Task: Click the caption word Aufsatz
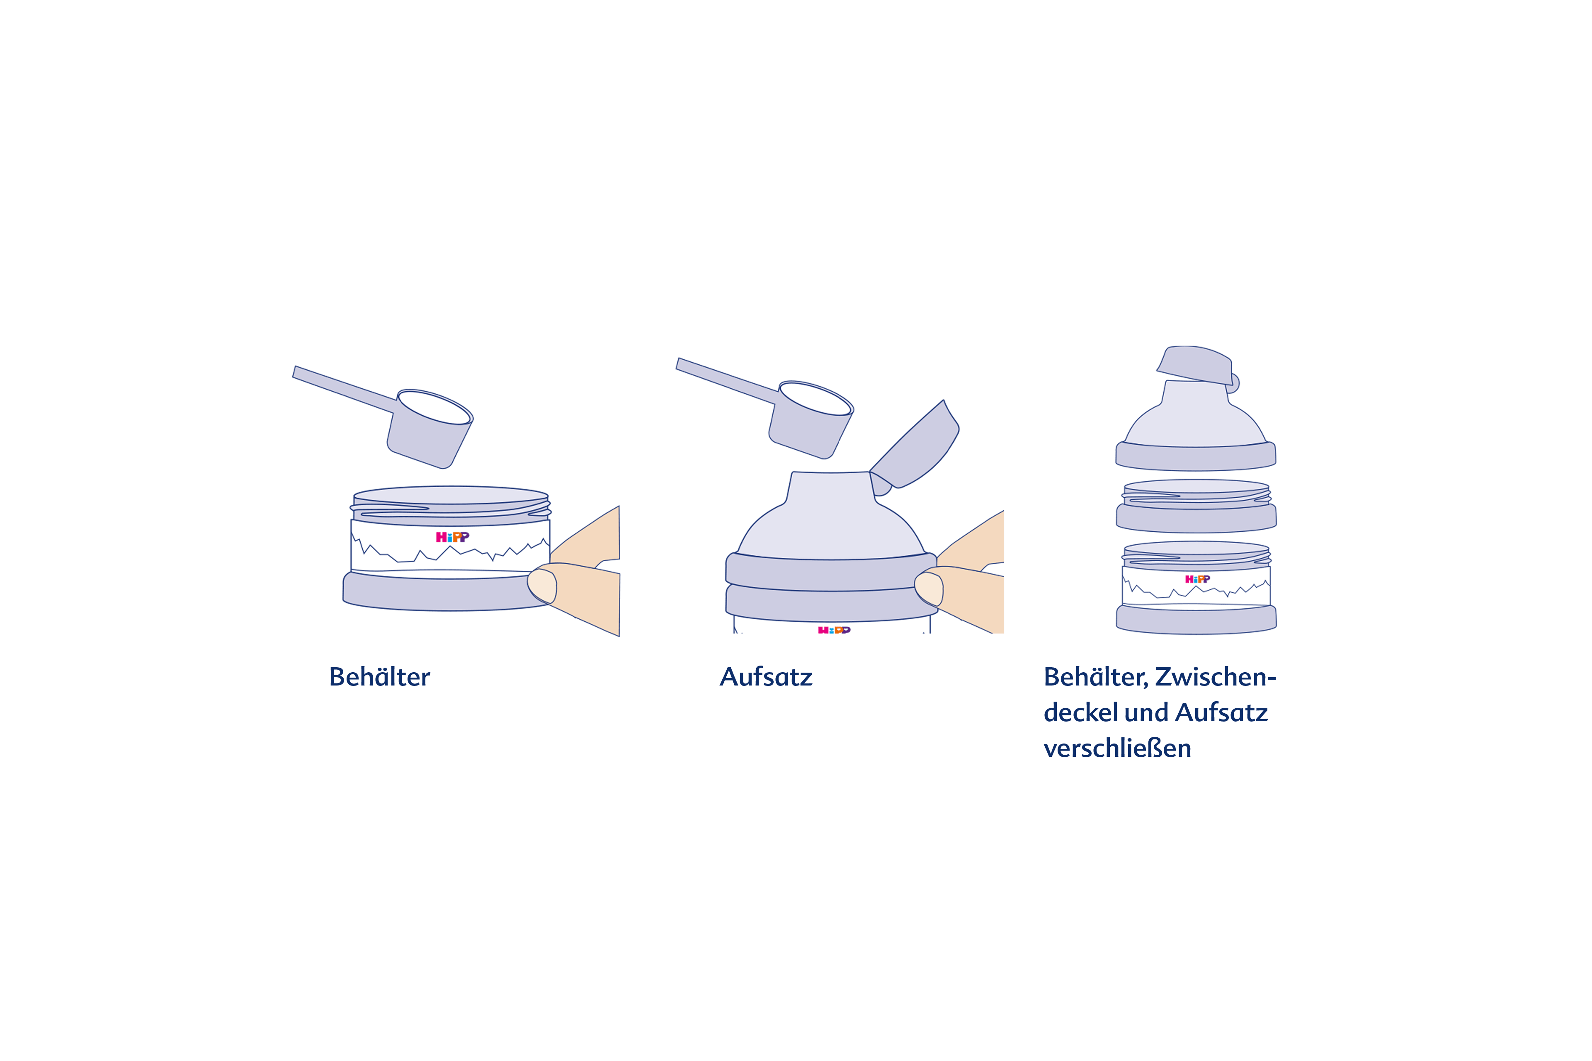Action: (766, 677)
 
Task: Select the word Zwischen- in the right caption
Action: (1216, 677)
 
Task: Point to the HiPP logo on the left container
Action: (452, 537)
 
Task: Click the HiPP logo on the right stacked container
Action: (1197, 579)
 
